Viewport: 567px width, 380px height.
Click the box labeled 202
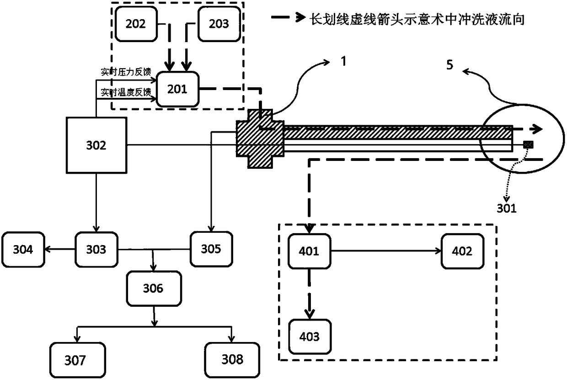click(x=135, y=23)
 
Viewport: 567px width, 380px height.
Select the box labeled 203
click(x=219, y=23)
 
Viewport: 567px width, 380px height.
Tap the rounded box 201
click(x=177, y=89)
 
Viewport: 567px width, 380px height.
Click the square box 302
click(x=96, y=145)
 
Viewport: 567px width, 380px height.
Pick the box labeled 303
click(x=96, y=250)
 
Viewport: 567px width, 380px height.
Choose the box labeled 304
click(x=23, y=250)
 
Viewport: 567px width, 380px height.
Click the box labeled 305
click(x=211, y=250)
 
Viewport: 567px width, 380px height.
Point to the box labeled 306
click(x=153, y=289)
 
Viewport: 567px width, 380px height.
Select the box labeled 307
click(x=75, y=360)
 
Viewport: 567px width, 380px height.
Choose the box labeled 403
click(x=309, y=337)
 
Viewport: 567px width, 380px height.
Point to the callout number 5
click(x=449, y=65)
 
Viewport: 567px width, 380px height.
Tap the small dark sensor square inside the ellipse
click(x=528, y=145)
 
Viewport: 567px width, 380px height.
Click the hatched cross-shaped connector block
click(x=259, y=138)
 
